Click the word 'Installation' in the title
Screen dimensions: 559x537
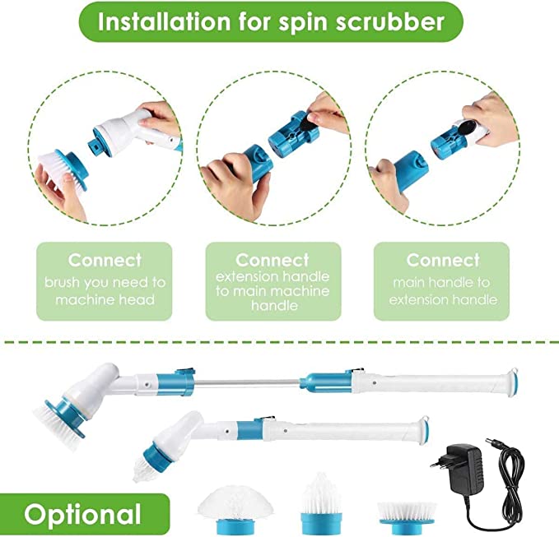[165, 22]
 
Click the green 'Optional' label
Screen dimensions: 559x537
[82, 514]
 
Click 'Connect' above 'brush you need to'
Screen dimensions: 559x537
[105, 260]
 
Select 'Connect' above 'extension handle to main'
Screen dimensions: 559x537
[273, 260]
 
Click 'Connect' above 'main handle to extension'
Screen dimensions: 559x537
[443, 260]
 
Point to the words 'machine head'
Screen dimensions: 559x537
[105, 299]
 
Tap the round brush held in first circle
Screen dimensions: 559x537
[63, 169]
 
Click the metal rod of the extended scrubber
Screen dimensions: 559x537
[247, 382]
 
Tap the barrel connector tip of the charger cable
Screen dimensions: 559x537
[492, 442]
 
